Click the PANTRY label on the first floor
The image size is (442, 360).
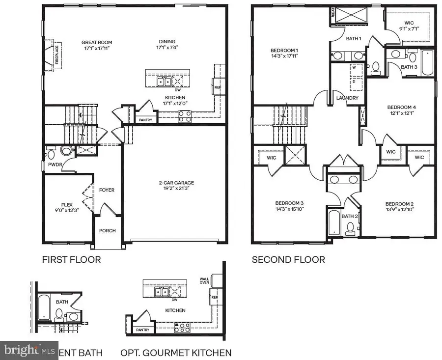point(145,120)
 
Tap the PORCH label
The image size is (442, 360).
point(108,230)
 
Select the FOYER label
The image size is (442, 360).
point(107,190)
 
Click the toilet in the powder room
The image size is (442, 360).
point(66,150)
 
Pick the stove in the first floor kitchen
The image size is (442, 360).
point(184,116)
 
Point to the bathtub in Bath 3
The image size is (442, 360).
point(427,63)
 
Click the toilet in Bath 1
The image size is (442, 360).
point(376,67)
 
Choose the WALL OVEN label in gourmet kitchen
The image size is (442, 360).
point(204,281)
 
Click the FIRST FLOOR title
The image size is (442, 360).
point(71,259)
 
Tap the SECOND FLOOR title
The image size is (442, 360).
point(288,259)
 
